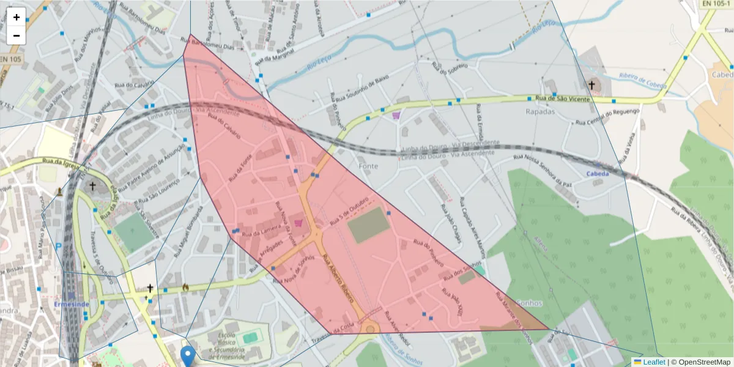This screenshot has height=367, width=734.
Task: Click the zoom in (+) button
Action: click(16, 17)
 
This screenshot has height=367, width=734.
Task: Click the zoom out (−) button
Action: click(16, 35)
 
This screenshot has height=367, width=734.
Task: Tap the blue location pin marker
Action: click(188, 355)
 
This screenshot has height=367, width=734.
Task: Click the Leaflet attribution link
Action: click(654, 362)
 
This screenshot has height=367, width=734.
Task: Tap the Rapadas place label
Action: click(540, 112)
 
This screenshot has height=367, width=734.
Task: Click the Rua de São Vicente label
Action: click(563, 98)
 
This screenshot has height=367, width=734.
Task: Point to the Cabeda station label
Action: click(598, 174)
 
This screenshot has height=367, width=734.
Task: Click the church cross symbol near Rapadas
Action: click(591, 84)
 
